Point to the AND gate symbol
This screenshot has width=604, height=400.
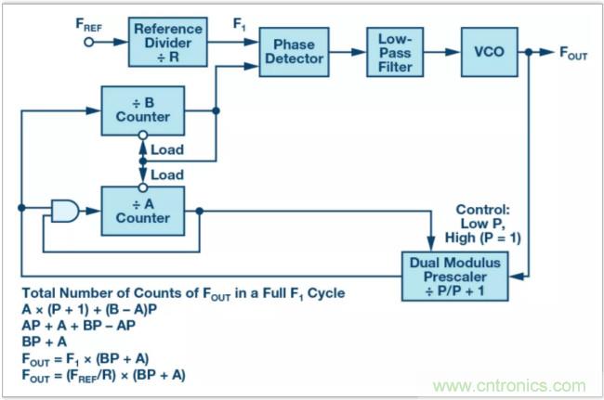pyautogui.click(x=65, y=212)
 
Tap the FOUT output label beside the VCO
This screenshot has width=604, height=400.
pyautogui.click(x=571, y=55)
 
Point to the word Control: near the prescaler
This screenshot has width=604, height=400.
pyautogui.click(x=484, y=211)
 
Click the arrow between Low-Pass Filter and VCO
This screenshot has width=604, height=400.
pyautogui.click(x=448, y=52)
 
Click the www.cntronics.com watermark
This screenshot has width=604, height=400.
pyautogui.click(x=510, y=385)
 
